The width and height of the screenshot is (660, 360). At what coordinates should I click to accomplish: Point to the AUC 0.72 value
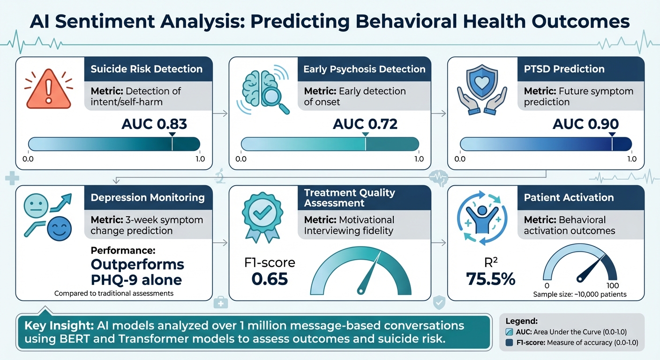(x=365, y=124)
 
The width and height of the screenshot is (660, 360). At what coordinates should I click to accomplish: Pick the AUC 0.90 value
(x=586, y=124)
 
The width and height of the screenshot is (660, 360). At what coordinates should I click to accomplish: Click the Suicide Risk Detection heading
(x=146, y=69)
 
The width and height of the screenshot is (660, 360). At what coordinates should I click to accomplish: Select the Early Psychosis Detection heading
(x=364, y=69)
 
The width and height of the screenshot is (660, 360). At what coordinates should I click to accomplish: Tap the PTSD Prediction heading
(x=564, y=69)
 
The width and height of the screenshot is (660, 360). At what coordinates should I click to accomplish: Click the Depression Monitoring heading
(x=148, y=197)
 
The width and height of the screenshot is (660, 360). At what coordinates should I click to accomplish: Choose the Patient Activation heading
(x=569, y=197)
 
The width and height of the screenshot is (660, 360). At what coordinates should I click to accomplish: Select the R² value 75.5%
(x=491, y=278)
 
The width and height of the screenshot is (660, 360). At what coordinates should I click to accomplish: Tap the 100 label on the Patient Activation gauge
(x=613, y=285)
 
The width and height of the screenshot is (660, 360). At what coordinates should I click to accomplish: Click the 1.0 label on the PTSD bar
(x=631, y=159)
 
